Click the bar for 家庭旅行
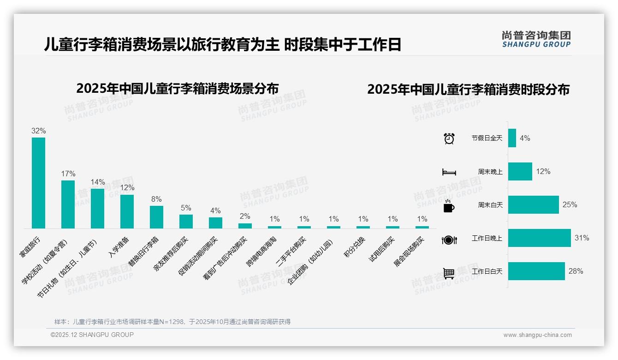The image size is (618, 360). [x=38, y=183]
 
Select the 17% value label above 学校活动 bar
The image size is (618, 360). [x=68, y=174]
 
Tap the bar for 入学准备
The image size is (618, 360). [x=127, y=211]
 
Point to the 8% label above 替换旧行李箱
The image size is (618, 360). [x=156, y=199]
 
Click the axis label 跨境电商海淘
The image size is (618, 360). [x=261, y=252]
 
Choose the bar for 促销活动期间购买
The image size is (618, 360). [x=215, y=222]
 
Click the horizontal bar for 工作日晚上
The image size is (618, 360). [x=539, y=238]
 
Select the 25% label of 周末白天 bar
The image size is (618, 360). [x=570, y=204]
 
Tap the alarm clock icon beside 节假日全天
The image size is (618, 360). [x=449, y=138]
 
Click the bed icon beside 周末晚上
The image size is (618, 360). [x=449, y=172]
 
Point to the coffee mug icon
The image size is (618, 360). [x=449, y=206]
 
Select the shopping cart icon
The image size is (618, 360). [x=449, y=273]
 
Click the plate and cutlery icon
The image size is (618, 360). [x=449, y=240]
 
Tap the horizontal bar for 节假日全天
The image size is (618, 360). [x=512, y=138]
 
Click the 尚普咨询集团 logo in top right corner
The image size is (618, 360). [x=536, y=39]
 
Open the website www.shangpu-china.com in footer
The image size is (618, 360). [x=537, y=335]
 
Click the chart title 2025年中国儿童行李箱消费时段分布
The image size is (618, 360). [x=468, y=89]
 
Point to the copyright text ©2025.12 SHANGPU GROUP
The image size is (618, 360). [x=92, y=335]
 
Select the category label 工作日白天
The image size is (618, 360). [x=487, y=271]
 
